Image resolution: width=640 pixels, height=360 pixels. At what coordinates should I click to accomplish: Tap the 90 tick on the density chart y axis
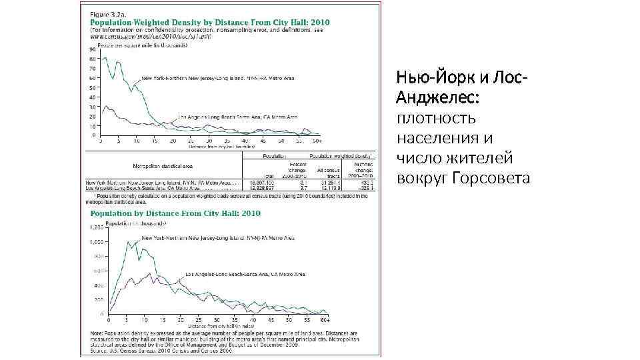click(x=91, y=49)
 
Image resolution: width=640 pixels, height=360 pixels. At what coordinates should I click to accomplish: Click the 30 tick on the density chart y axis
click(x=91, y=107)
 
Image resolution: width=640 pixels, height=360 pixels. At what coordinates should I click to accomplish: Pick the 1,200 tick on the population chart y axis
click(x=94, y=228)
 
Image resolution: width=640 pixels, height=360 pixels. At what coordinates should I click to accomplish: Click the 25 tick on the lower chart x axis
click(x=199, y=320)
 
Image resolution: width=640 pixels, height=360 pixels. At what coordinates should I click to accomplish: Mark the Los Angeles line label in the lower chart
click(x=245, y=275)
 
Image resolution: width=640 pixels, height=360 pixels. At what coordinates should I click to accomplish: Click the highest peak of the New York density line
click(x=105, y=58)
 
